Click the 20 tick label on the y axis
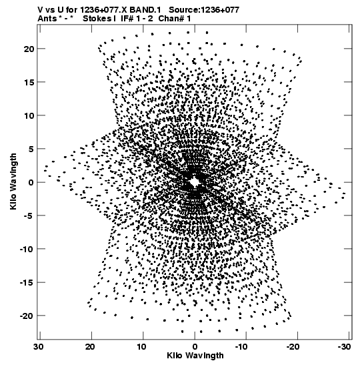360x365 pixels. tap(29, 49)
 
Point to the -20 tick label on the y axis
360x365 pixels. tap(27, 316)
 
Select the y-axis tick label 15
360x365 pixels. tap(29, 82)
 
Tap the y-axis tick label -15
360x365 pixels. tap(27, 283)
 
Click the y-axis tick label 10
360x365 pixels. tap(29, 115)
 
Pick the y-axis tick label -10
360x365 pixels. tap(27, 250)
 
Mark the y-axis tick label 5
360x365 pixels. tap(31, 149)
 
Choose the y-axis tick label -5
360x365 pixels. tap(29, 216)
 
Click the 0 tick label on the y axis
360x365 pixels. tap(31, 183)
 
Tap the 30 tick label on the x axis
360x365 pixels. tap(39, 347)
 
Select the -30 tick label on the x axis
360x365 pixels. tap(344, 347)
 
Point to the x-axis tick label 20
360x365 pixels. tap(90, 347)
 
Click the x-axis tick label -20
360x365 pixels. tap(292, 347)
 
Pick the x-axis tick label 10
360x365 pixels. tap(141, 347)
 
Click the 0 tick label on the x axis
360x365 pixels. tap(195, 347)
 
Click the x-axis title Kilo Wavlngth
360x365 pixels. tap(195, 356)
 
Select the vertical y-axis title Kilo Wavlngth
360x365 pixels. tap(13, 181)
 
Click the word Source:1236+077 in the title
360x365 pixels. tap(204, 10)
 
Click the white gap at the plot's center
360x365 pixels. tap(194, 181)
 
